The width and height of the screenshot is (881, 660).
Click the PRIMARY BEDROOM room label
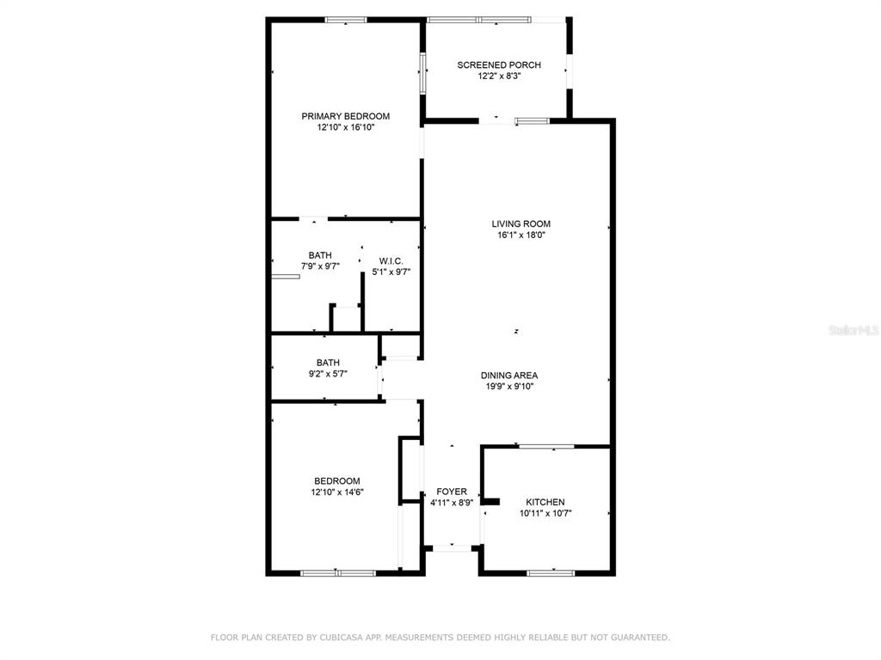point(346,116)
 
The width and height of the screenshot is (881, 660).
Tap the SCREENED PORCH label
point(499,65)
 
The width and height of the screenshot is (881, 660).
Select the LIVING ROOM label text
point(521,224)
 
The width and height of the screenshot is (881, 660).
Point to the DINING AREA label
point(509,376)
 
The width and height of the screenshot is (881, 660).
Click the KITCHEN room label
point(545,502)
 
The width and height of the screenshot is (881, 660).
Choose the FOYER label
point(451,492)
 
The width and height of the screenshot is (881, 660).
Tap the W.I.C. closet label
point(391,261)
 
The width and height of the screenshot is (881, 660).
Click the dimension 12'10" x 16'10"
point(346,127)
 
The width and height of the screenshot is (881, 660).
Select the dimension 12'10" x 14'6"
point(337,492)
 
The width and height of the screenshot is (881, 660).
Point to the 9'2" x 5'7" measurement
point(328,374)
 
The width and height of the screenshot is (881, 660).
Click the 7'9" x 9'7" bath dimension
point(320,266)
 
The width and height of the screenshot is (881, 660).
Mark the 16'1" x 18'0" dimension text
point(521,235)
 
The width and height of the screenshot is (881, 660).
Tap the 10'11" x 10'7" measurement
point(545,514)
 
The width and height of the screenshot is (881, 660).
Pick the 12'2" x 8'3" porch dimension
point(499,76)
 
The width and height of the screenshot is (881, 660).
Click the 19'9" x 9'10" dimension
point(509,387)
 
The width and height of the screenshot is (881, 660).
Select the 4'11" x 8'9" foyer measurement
point(452,503)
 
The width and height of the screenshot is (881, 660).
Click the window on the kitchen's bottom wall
point(551,573)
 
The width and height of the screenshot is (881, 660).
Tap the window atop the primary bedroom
point(346,21)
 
